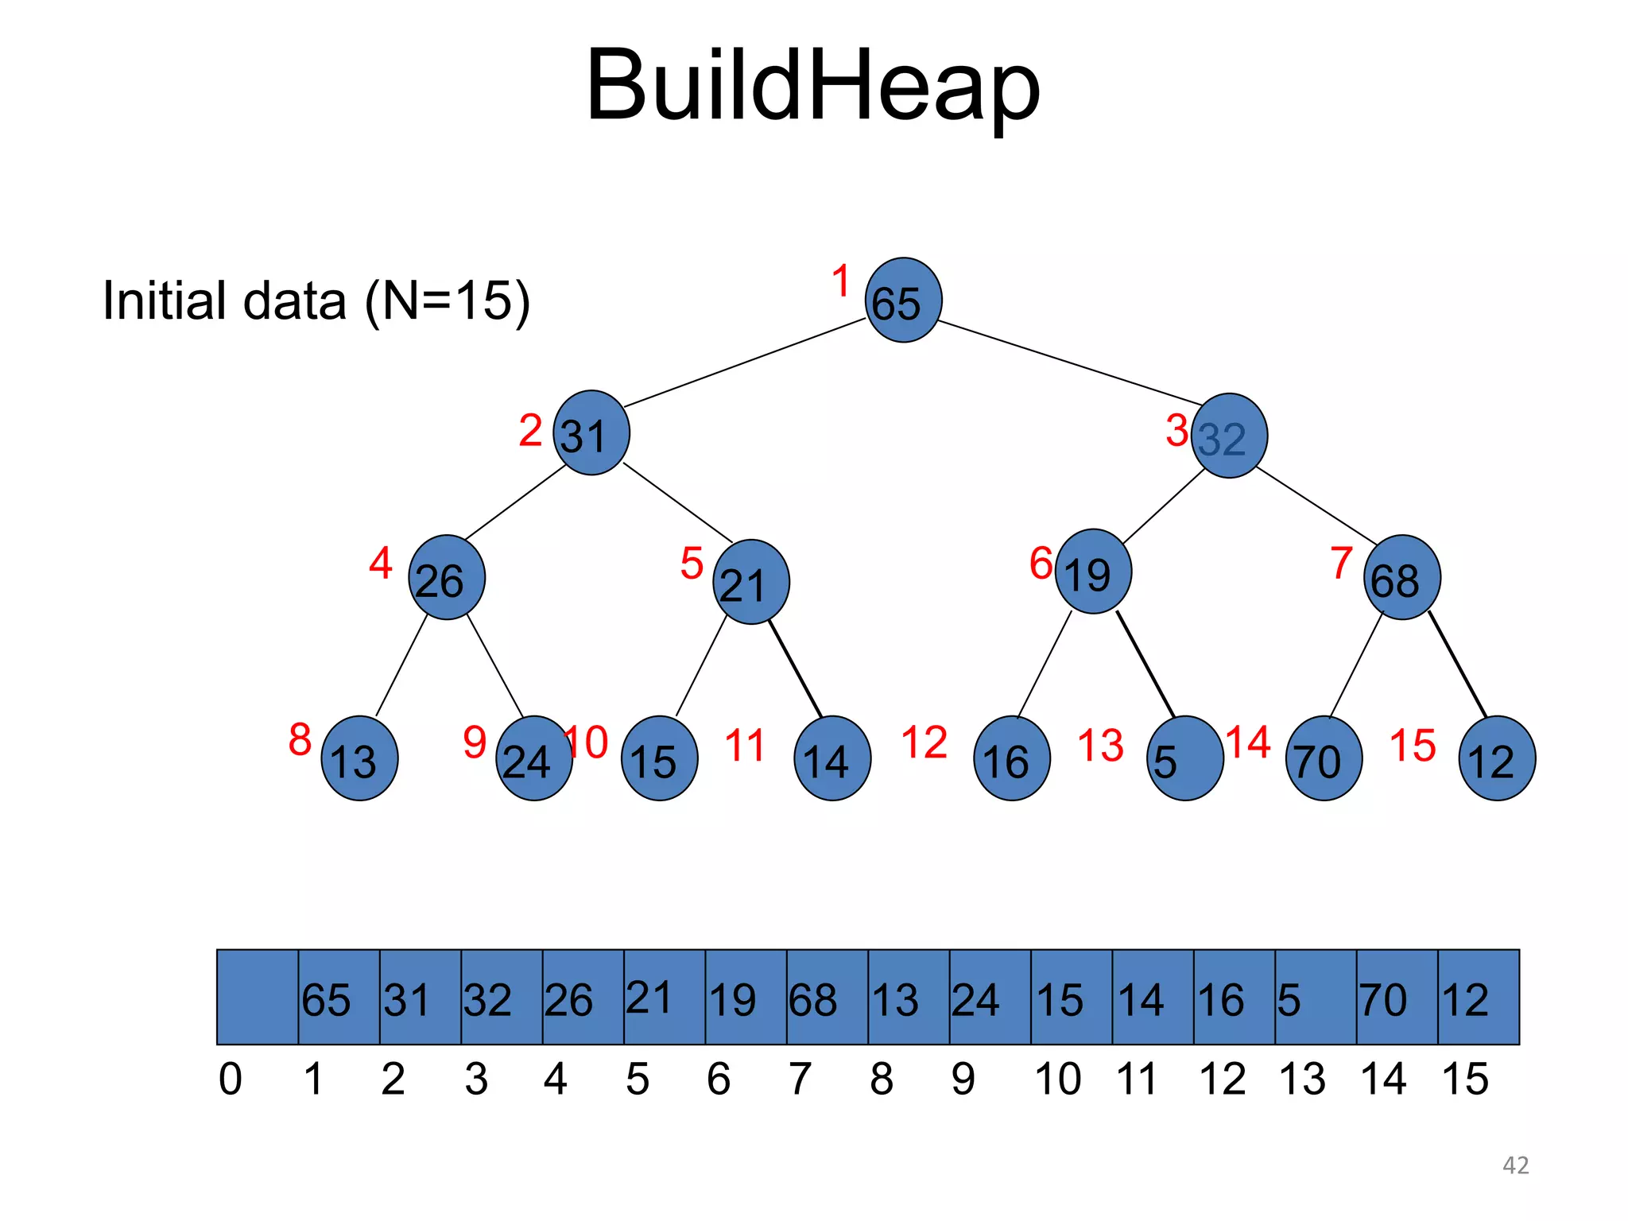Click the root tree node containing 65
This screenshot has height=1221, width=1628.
tap(903, 300)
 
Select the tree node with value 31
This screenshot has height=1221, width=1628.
tap(591, 433)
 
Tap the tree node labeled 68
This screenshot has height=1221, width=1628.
tap(1401, 578)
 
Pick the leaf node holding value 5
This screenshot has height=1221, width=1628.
tap(1185, 758)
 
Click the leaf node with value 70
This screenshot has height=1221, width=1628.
tap(1324, 758)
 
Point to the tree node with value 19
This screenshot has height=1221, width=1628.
tap(1093, 572)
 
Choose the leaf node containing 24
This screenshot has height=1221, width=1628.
tap(533, 758)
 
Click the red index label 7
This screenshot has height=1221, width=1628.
tap(1342, 563)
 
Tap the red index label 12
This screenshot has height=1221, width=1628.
tap(924, 743)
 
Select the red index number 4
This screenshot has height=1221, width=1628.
tap(380, 563)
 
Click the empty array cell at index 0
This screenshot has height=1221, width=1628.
tap(258, 997)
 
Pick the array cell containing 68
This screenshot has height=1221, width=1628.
tap(827, 997)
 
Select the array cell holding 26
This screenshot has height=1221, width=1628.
tap(583, 997)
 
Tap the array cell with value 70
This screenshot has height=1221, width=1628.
tap(1397, 997)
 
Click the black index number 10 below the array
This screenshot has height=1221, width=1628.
tap(1057, 1080)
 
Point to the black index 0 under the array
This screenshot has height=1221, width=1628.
tap(231, 1080)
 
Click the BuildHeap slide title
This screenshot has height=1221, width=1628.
tap(812, 86)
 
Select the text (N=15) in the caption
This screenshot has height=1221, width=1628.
tap(448, 301)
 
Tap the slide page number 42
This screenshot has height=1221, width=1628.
tap(1515, 1165)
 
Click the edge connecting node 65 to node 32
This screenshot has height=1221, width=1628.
tap(1070, 362)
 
